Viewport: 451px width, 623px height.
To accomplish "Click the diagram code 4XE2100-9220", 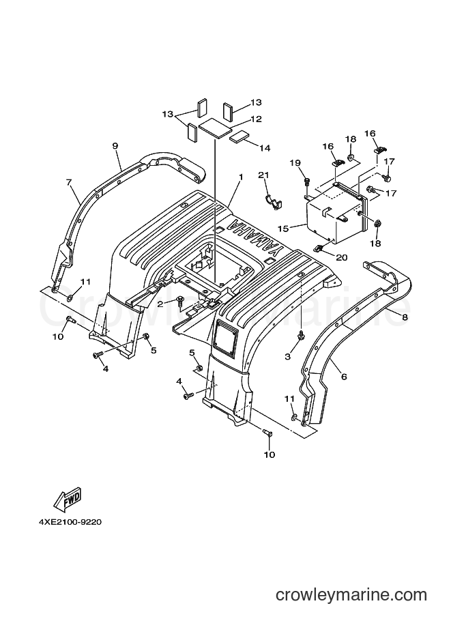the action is (70, 522).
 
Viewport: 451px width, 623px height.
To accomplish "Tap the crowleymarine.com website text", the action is (351, 595).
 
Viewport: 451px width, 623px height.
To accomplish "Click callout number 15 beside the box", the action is (283, 229).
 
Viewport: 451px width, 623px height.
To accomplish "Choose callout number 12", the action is (257, 119).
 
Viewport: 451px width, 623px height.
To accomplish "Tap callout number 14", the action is (265, 148).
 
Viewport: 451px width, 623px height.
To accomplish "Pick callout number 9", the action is (115, 146).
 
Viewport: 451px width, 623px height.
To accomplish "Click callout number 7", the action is (69, 182).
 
